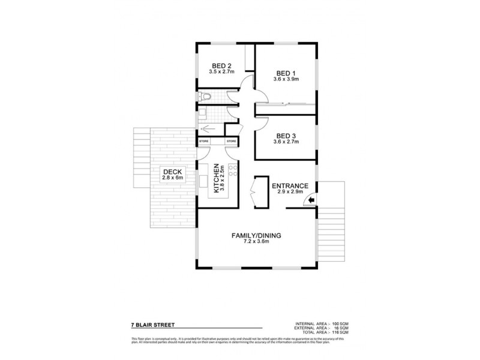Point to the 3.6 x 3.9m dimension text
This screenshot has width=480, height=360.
[x=286, y=79]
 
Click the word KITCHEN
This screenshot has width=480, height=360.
[x=214, y=178]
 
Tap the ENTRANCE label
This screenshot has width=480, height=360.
[x=290, y=185]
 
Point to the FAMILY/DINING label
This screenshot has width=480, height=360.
[x=257, y=236]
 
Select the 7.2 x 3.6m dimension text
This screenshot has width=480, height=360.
[x=257, y=243]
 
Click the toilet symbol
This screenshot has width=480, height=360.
[x=206, y=97]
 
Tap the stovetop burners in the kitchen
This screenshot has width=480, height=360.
[x=230, y=176]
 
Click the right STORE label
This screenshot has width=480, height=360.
[x=231, y=141]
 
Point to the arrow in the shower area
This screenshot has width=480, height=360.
[x=208, y=128]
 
